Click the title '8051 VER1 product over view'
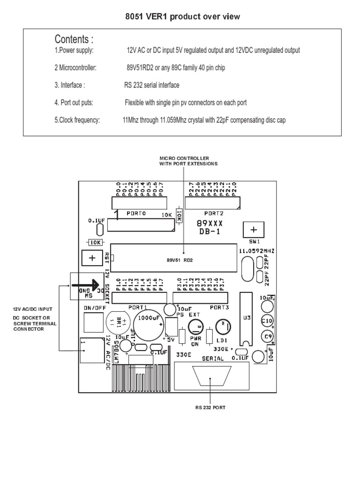[x=182, y=17]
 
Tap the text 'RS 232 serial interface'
[x=151, y=85]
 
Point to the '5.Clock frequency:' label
[x=77, y=120]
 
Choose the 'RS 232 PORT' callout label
[x=210, y=407]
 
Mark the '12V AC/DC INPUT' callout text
[x=32, y=309]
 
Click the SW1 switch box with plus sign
[x=254, y=230]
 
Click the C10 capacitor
[x=267, y=321]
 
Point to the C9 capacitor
[x=267, y=337]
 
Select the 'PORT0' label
[x=136, y=213]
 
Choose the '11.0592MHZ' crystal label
[x=256, y=251]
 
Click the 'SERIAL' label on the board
[x=213, y=359]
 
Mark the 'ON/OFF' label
[x=93, y=307]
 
